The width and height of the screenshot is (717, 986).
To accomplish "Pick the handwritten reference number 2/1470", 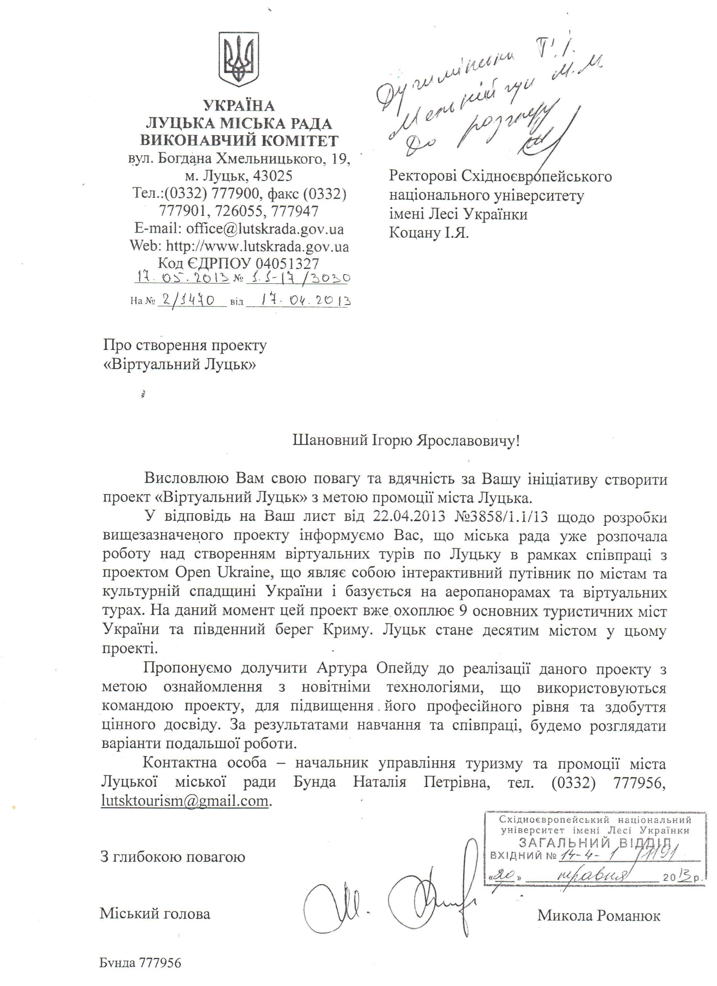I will [x=191, y=300].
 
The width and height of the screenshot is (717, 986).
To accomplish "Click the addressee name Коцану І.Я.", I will [x=429, y=233].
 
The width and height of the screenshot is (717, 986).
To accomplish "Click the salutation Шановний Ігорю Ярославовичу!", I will [x=406, y=441].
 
